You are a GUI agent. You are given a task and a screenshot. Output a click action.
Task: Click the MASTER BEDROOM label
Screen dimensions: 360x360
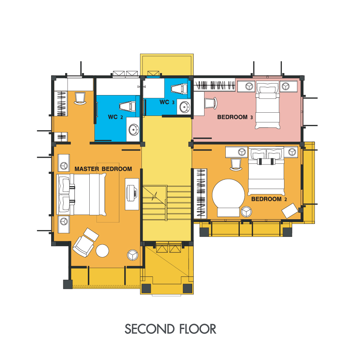(x=103, y=169)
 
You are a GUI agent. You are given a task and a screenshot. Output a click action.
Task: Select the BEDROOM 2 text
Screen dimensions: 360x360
(x=269, y=199)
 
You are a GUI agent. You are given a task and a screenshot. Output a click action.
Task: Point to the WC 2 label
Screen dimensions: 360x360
(x=116, y=117)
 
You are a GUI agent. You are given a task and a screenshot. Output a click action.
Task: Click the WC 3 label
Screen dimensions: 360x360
(x=167, y=102)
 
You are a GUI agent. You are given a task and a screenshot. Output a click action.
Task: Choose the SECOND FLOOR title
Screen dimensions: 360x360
(x=170, y=329)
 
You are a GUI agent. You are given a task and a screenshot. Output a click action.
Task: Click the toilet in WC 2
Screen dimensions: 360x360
(x=127, y=107)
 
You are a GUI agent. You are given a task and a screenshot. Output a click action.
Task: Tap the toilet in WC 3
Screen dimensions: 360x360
(x=179, y=89)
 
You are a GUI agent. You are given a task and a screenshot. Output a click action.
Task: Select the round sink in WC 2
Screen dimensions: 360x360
(x=134, y=130)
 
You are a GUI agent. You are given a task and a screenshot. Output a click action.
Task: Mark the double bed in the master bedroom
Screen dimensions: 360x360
(x=81, y=194)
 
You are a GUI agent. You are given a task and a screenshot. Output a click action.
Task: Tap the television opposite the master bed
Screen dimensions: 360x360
(x=131, y=193)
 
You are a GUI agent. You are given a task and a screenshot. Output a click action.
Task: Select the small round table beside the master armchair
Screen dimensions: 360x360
(x=102, y=251)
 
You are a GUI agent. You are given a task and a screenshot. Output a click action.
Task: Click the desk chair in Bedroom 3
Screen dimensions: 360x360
(x=211, y=103)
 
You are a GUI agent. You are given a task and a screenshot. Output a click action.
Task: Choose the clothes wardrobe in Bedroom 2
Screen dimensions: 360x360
(x=201, y=194)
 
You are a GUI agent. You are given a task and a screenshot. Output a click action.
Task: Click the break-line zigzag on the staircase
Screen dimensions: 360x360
(x=154, y=196)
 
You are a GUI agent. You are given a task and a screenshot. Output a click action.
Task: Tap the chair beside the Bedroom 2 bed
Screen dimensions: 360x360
(x=236, y=165)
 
